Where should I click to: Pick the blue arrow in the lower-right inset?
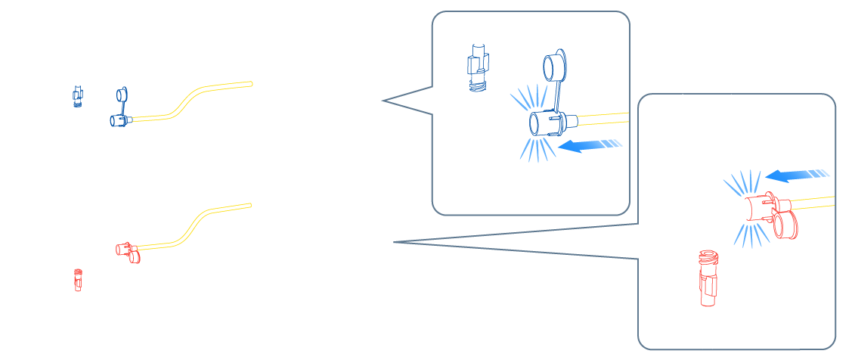(x=798, y=176)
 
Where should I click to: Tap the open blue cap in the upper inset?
(x=555, y=66)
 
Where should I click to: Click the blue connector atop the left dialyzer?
(x=77, y=95)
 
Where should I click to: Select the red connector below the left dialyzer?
(x=77, y=282)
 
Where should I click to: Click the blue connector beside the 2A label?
(x=119, y=119)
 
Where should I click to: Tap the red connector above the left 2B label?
(x=125, y=248)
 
